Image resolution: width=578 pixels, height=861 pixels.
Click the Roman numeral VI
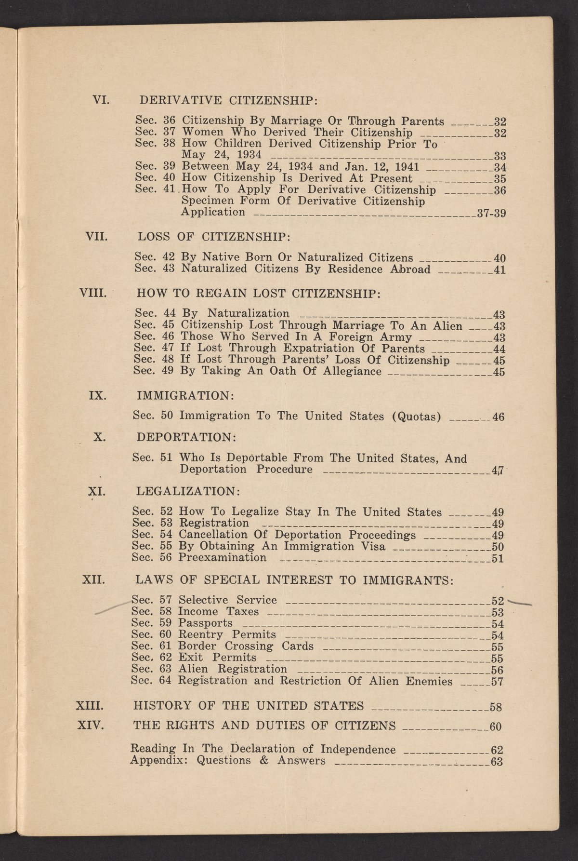[x=102, y=100]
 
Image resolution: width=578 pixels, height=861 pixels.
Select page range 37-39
[x=490, y=214]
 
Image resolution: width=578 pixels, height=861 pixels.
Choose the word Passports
[x=205, y=623]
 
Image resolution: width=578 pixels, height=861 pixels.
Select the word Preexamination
[x=222, y=558]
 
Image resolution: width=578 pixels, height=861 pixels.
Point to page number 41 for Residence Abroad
[x=499, y=270]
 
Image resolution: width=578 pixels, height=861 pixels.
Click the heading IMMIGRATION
[x=185, y=395]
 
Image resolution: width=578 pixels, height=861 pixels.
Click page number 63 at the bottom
[x=496, y=762]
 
